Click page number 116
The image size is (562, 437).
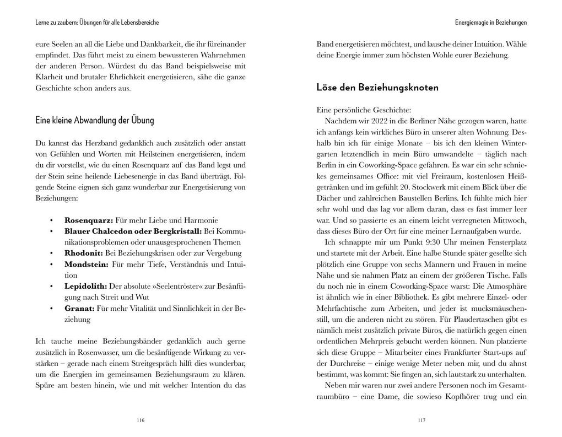140,420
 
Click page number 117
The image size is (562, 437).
422,420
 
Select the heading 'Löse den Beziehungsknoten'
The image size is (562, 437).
377,87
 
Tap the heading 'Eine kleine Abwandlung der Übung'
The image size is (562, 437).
94,120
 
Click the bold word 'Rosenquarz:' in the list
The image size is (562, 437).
88,219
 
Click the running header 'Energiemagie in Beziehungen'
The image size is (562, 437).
491,23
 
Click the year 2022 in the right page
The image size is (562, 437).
375,120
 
